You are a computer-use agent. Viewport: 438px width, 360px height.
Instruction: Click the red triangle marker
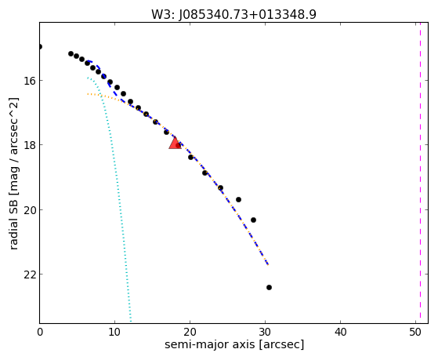176,144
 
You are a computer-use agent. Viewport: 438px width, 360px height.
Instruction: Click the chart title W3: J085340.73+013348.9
233,14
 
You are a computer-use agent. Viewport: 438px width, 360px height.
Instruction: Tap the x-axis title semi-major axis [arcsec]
234,344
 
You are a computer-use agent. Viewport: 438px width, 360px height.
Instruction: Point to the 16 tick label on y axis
30,81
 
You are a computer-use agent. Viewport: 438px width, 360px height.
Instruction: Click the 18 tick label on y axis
30,145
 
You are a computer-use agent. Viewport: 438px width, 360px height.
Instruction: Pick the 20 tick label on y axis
30,209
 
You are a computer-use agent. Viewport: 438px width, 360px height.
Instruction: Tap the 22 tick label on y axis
30,275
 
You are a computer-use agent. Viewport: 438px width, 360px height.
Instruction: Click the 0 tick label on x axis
40,332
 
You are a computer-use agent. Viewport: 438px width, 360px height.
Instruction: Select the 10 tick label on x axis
114,332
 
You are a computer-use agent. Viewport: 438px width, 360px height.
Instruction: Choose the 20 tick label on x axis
190,332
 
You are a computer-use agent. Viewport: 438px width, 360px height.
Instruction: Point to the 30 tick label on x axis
265,332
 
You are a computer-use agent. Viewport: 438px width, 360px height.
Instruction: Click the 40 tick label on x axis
340,332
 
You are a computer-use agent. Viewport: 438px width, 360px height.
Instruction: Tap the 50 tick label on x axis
415,332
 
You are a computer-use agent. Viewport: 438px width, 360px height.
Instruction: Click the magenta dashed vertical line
420,173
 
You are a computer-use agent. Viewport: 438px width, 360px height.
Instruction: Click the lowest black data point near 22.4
269,287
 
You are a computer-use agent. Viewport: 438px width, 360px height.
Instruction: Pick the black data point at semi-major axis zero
40,46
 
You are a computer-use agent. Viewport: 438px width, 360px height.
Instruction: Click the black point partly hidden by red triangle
178,145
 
